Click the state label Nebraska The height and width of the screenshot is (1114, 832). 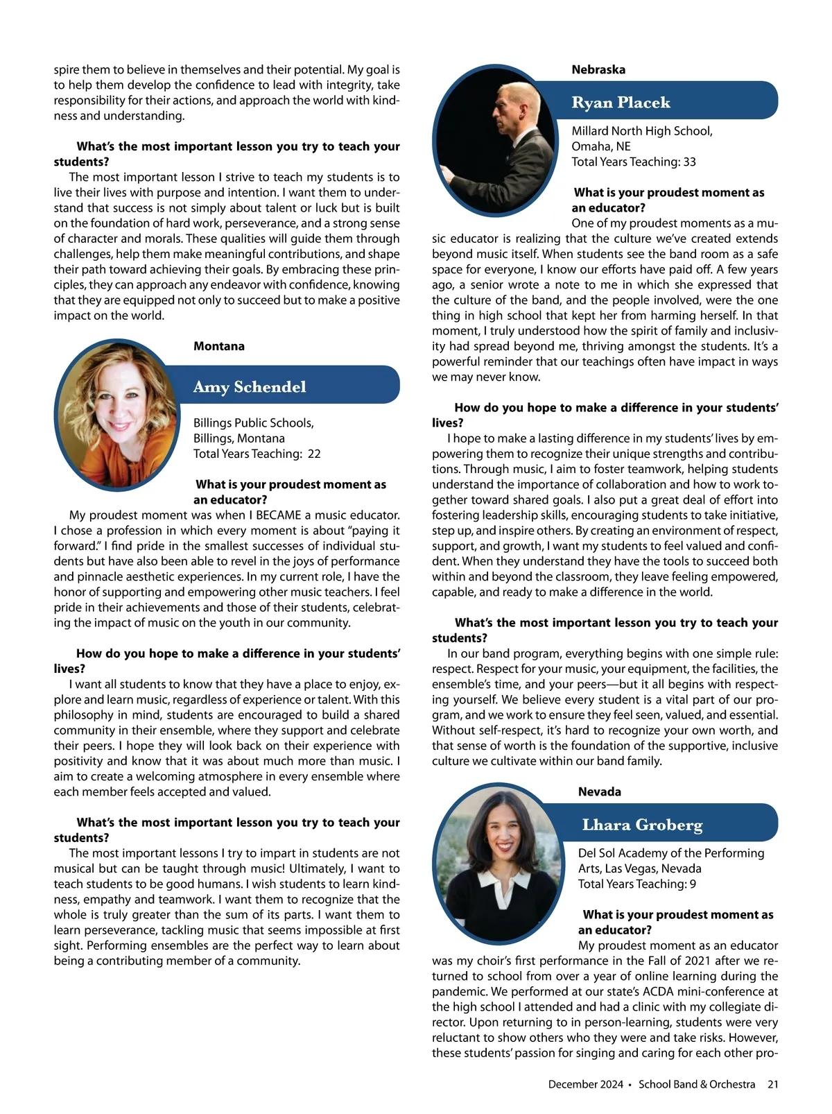(x=598, y=69)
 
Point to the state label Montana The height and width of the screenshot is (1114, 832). (x=219, y=346)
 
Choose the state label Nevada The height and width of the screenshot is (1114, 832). (x=600, y=791)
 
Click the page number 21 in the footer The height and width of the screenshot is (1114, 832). (x=772, y=1084)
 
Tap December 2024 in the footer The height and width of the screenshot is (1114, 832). (x=585, y=1084)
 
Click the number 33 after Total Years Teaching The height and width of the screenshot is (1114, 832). (x=689, y=162)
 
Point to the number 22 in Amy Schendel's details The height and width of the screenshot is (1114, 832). (x=314, y=454)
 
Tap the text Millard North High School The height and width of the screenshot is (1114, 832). (x=641, y=131)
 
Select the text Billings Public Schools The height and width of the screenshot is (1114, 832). (x=253, y=423)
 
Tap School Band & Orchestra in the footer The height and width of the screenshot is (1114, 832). (x=696, y=1084)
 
